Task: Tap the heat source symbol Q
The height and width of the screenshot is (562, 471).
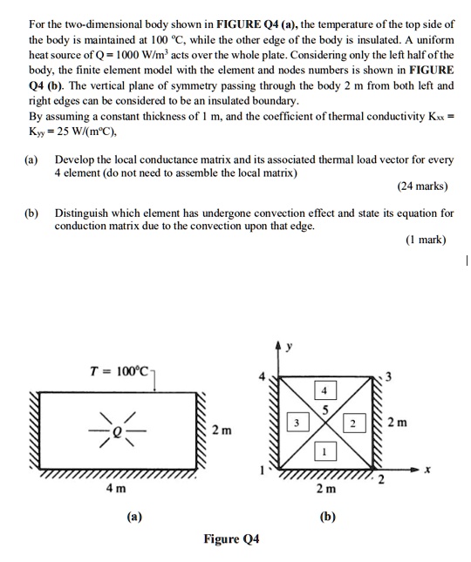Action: (111, 428)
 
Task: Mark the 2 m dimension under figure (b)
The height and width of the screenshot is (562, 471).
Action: (326, 488)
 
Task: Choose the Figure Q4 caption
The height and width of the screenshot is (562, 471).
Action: (231, 539)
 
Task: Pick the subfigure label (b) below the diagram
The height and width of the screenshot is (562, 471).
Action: (328, 516)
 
